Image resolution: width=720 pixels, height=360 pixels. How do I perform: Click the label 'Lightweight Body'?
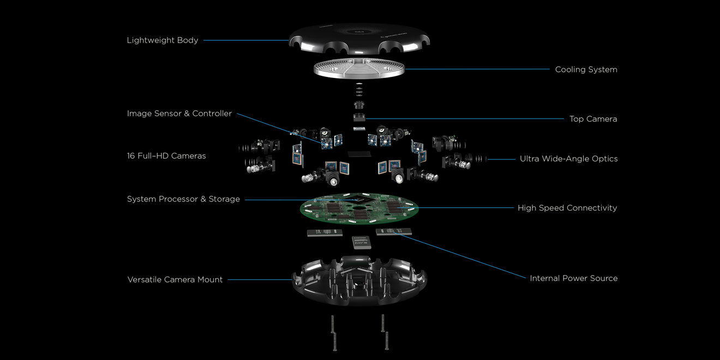point(163,40)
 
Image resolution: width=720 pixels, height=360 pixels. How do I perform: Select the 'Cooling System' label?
point(586,69)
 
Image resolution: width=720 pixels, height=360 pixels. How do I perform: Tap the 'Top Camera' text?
point(593,119)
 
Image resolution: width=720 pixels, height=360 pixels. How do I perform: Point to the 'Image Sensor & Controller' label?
point(179,113)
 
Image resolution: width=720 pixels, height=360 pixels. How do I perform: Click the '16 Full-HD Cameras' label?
point(166,156)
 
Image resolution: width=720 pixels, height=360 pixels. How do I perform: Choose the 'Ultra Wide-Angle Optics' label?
point(568,159)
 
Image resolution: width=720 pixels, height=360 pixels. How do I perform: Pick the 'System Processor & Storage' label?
point(183,199)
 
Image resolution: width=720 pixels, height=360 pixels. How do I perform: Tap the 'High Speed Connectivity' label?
point(567,208)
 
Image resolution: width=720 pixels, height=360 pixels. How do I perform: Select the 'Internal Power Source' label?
point(573,278)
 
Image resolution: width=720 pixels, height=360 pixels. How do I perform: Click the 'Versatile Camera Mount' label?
point(175,280)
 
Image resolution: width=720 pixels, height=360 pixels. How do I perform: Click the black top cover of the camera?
point(359,39)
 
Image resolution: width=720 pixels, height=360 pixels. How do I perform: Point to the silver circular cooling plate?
point(359,68)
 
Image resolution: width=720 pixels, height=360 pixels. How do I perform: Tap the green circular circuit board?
point(359,208)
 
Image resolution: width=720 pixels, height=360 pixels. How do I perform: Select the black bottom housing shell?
point(359,281)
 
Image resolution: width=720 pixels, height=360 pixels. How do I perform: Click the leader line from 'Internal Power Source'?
point(460,255)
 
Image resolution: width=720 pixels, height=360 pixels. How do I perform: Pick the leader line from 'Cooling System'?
point(477,69)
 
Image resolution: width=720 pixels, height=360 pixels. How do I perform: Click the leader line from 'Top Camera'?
point(465,118)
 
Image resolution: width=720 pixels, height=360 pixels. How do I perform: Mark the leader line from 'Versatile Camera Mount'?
point(260,280)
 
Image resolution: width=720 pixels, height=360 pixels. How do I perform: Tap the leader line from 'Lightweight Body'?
point(246,40)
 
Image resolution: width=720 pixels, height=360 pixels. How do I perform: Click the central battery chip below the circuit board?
point(362,242)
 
